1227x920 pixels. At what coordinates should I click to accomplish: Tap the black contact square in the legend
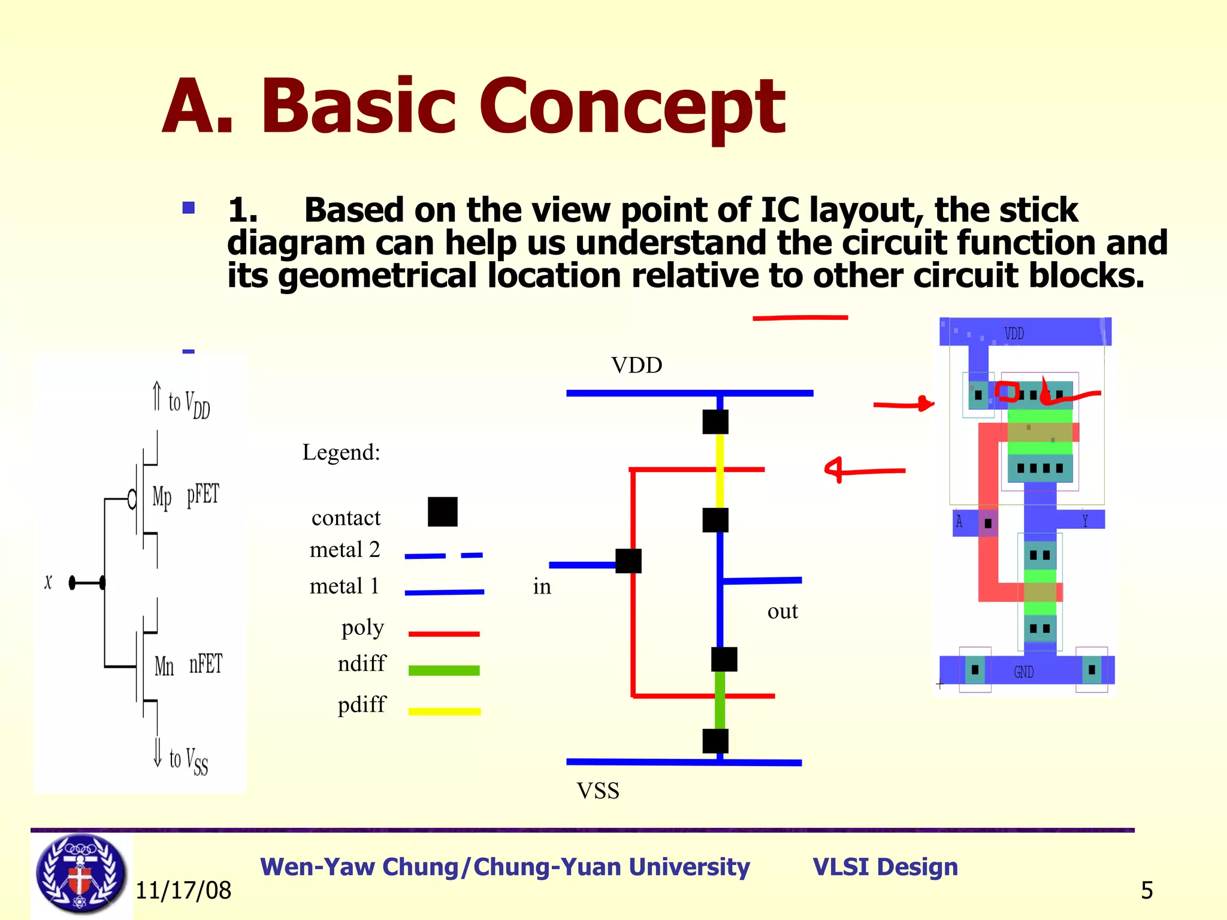[x=443, y=512]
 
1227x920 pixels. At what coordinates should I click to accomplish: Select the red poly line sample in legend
[x=444, y=634]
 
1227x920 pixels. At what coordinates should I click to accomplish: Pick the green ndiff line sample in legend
[x=444, y=670]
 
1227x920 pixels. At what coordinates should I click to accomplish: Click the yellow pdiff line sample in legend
[x=444, y=711]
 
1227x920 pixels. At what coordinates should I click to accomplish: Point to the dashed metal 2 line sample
[x=443, y=556]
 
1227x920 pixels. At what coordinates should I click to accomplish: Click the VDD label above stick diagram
[x=636, y=365]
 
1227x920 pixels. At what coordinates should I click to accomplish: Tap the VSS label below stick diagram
[x=598, y=791]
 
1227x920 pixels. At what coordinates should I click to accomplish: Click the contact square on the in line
[x=628, y=561]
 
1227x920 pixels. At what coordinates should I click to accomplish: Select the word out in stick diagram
[x=782, y=611]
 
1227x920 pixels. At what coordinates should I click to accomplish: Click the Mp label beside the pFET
[x=162, y=497]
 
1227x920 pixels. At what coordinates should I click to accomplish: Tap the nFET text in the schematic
[x=205, y=664]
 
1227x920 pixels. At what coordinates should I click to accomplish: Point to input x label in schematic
[x=48, y=582]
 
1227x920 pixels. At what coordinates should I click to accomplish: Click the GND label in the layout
[x=1023, y=672]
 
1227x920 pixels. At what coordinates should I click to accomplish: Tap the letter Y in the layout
[x=1084, y=520]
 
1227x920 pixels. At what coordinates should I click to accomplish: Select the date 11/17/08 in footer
[x=183, y=890]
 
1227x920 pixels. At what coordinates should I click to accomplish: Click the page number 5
[x=1146, y=890]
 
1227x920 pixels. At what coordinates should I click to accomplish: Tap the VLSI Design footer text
[x=885, y=867]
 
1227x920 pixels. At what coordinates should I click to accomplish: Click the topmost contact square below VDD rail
[x=715, y=422]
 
